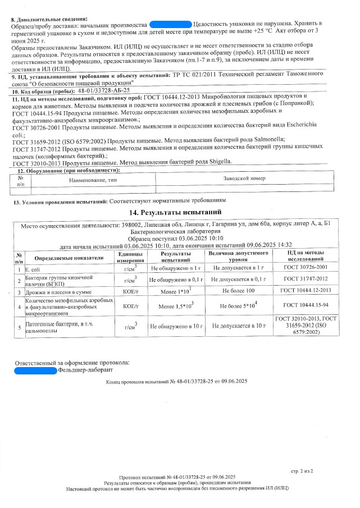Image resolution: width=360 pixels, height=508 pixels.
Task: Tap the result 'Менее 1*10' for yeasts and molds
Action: (175, 291)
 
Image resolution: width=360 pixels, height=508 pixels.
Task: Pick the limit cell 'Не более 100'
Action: (238, 291)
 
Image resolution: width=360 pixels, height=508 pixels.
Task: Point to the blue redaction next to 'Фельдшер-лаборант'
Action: (34, 370)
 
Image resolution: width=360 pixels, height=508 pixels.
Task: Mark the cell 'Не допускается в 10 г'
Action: (238, 326)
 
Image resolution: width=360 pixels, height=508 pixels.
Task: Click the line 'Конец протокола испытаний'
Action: (176, 382)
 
